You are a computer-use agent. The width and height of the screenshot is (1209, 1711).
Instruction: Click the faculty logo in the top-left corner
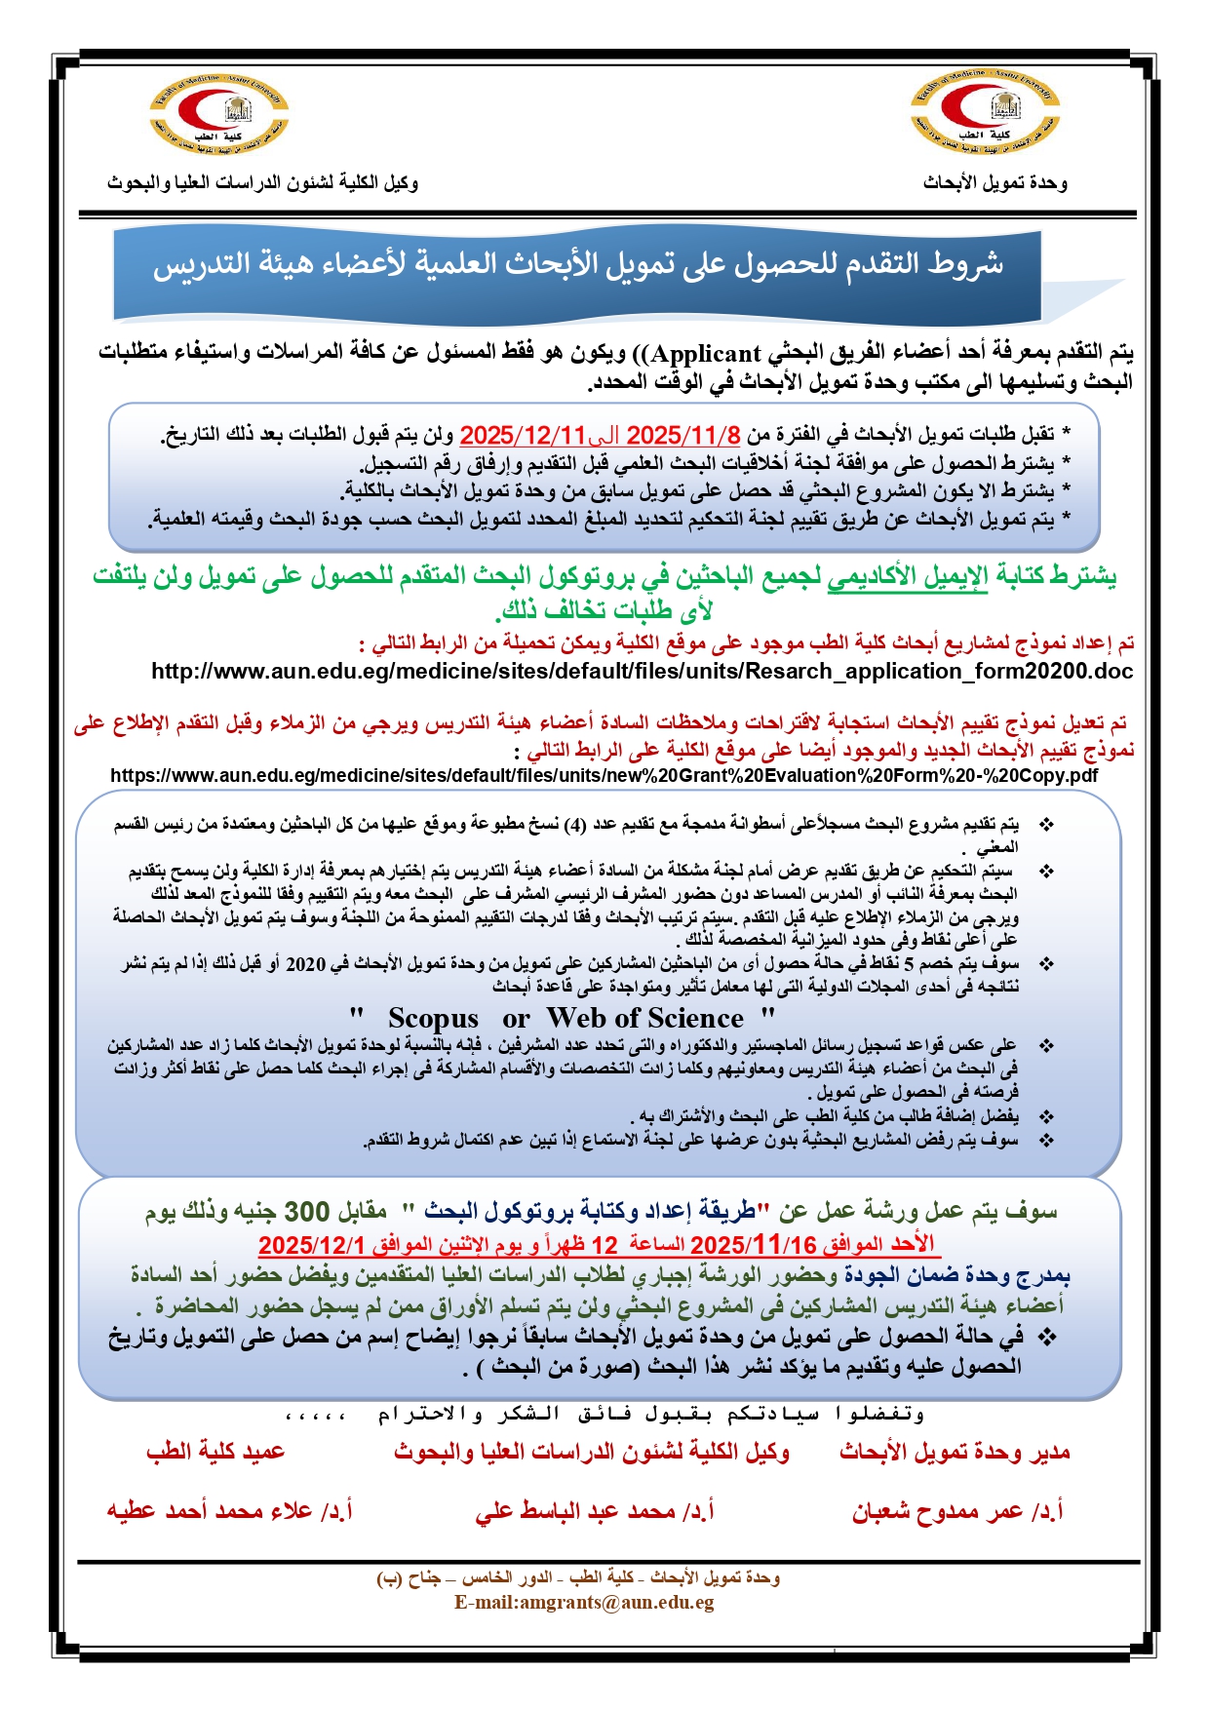218,115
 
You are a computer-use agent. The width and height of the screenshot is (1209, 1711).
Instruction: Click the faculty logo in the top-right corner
985,115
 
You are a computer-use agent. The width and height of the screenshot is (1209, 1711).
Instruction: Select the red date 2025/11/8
682,435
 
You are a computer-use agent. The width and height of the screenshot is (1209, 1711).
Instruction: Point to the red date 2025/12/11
523,435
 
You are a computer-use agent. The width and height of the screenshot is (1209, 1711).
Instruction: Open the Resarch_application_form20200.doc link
642,672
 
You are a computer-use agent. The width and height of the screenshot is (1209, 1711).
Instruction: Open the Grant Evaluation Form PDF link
604,776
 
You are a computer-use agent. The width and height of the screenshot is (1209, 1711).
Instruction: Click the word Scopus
433,1019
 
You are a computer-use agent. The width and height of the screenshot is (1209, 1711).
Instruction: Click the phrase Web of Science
644,1019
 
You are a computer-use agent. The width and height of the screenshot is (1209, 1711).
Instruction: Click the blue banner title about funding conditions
577,264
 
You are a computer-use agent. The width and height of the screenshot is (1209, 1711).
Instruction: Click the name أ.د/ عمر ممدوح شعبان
957,1512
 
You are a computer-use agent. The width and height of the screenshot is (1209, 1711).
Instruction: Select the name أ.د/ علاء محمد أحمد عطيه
229,1512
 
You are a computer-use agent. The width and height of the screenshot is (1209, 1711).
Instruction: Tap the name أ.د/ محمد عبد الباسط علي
595,1512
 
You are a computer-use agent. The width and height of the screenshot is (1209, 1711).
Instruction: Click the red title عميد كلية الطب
215,1453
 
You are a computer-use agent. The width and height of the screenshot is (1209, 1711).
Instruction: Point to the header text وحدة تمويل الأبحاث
994,183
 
